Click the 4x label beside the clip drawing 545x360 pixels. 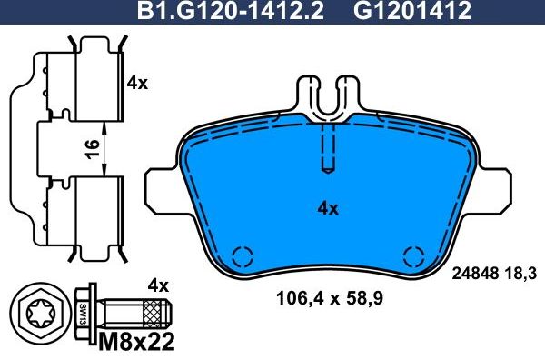click(x=137, y=83)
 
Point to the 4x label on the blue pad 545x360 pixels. click(x=327, y=208)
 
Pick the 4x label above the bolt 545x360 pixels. click(x=159, y=285)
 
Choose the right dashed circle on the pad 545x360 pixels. click(x=413, y=257)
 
